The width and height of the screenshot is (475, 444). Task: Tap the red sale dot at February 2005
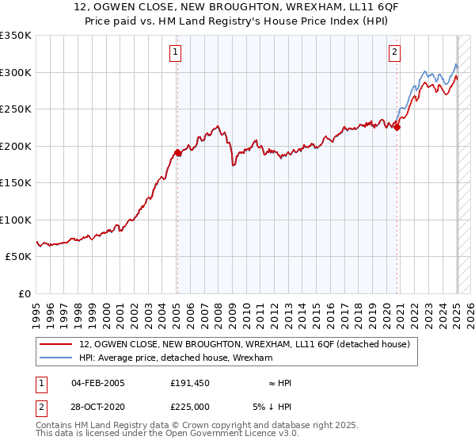(177, 153)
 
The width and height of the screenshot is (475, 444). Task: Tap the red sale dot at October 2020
(397, 128)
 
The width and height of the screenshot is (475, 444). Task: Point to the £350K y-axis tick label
(16, 36)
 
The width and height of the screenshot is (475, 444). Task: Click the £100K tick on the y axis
(16, 220)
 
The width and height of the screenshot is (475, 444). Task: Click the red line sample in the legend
(57, 344)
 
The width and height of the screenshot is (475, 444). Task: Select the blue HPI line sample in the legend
(57, 358)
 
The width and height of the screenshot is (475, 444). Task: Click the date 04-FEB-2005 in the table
(98, 383)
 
